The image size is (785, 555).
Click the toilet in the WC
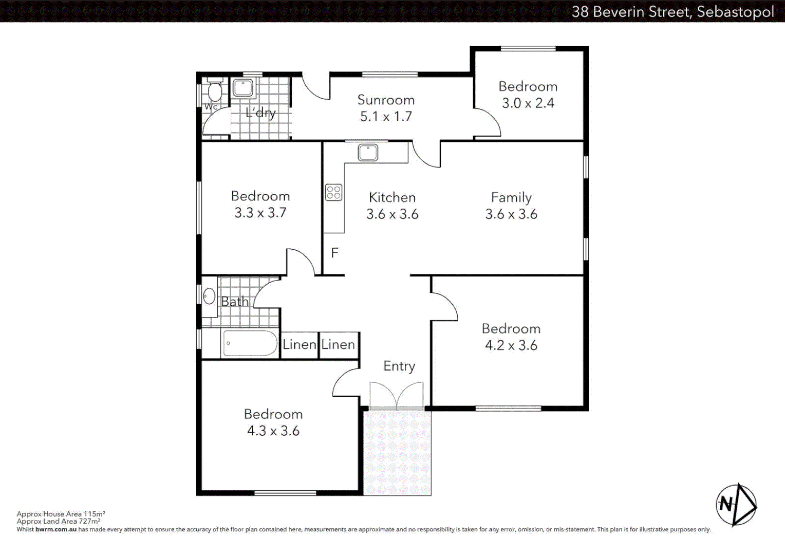215,91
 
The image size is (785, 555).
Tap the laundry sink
242,88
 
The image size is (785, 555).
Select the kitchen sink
368,153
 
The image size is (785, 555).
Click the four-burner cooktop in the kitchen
333,193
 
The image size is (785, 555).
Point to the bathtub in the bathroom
250,343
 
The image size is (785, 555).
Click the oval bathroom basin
209,296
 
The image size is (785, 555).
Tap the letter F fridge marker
334,253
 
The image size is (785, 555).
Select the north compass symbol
736,505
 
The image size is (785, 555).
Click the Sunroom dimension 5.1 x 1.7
386,117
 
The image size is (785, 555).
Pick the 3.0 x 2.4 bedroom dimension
528,103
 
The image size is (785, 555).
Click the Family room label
511,197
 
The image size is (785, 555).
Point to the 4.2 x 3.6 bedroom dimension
511,345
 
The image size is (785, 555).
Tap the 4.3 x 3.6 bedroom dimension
273,431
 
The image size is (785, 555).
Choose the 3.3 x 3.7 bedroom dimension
260,213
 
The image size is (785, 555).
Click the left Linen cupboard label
299,344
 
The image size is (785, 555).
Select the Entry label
399,366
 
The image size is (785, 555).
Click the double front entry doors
396,396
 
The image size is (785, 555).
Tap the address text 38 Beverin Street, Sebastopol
672,11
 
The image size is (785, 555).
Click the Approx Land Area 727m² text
58,521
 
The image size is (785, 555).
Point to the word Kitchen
392,197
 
